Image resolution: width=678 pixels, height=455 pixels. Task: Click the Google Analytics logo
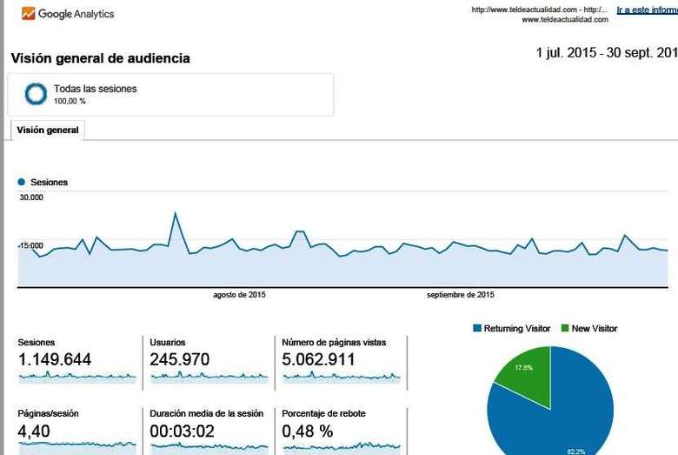pyautogui.click(x=68, y=14)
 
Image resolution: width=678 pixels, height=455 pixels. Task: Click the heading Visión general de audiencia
pyautogui.click(x=100, y=58)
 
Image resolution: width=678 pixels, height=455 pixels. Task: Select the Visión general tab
pyautogui.click(x=48, y=130)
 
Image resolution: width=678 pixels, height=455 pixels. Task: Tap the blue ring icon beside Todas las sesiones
pyautogui.click(x=36, y=93)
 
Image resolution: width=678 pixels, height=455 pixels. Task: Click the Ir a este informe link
pyautogui.click(x=647, y=10)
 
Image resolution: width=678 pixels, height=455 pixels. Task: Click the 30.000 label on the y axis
pyautogui.click(x=31, y=197)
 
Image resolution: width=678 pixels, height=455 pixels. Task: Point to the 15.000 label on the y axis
pyautogui.click(x=31, y=246)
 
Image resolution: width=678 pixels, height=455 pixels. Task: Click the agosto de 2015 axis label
pyautogui.click(x=239, y=295)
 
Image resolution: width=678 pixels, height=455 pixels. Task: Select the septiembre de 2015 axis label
pyautogui.click(x=461, y=295)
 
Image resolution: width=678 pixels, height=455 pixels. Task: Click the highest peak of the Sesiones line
pyautogui.click(x=176, y=212)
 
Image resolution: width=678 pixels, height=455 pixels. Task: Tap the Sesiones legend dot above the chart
pyautogui.click(x=21, y=183)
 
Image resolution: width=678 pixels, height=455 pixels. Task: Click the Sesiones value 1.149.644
pyautogui.click(x=55, y=359)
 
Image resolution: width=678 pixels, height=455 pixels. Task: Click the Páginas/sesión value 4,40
pyautogui.click(x=36, y=431)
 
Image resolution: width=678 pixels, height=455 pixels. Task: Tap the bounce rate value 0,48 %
pyautogui.click(x=308, y=431)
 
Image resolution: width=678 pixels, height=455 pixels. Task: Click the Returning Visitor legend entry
pyautogui.click(x=512, y=329)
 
